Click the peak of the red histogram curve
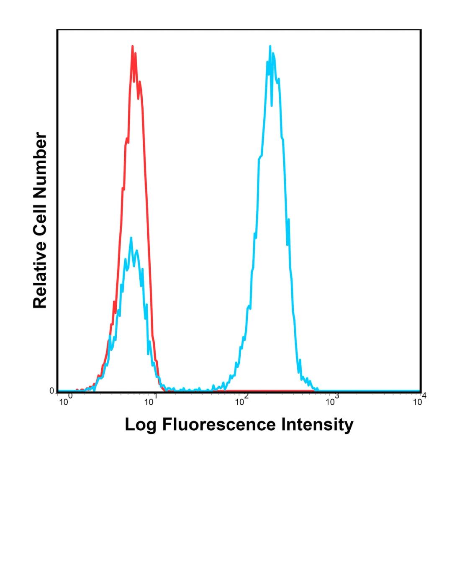click(x=132, y=46)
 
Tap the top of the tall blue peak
click(x=270, y=46)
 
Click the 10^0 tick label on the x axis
click(x=66, y=400)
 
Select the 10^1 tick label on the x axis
click(x=151, y=400)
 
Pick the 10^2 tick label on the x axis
click(x=241, y=400)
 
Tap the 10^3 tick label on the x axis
click(x=332, y=400)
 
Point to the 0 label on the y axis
click(x=52, y=391)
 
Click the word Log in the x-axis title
click(x=141, y=425)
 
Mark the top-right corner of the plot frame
click(x=420, y=30)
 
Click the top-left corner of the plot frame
click(x=57, y=30)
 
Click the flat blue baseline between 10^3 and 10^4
click(x=377, y=391)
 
